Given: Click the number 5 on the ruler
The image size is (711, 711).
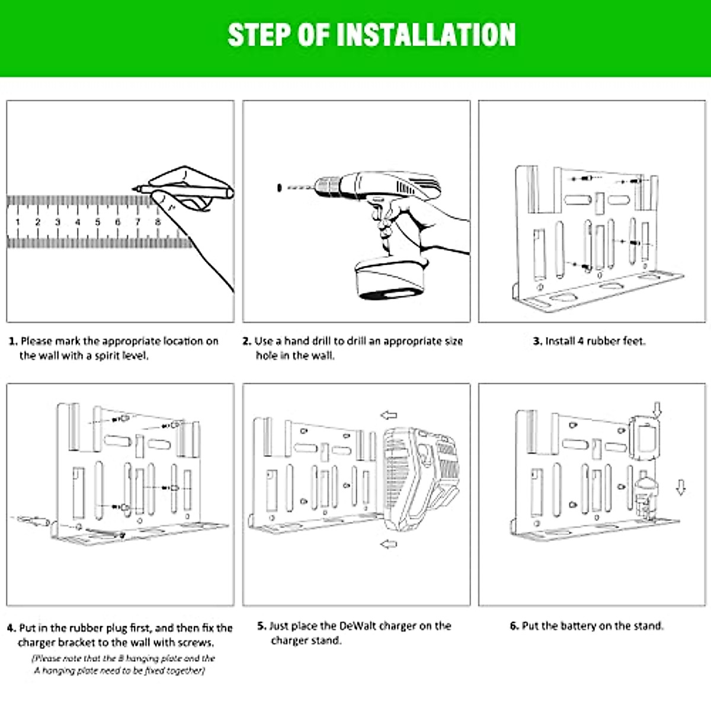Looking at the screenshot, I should click(x=98, y=222).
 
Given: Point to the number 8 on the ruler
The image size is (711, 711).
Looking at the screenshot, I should click(x=158, y=222).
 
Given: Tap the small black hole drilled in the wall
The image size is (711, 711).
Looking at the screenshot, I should click(x=278, y=188).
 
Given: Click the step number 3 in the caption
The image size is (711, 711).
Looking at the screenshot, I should click(x=537, y=341).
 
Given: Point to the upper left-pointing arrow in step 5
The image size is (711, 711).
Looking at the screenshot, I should click(x=389, y=415).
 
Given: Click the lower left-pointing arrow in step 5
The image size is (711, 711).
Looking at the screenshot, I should click(x=389, y=544).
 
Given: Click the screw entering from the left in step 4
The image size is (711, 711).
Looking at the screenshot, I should click(x=33, y=520).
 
